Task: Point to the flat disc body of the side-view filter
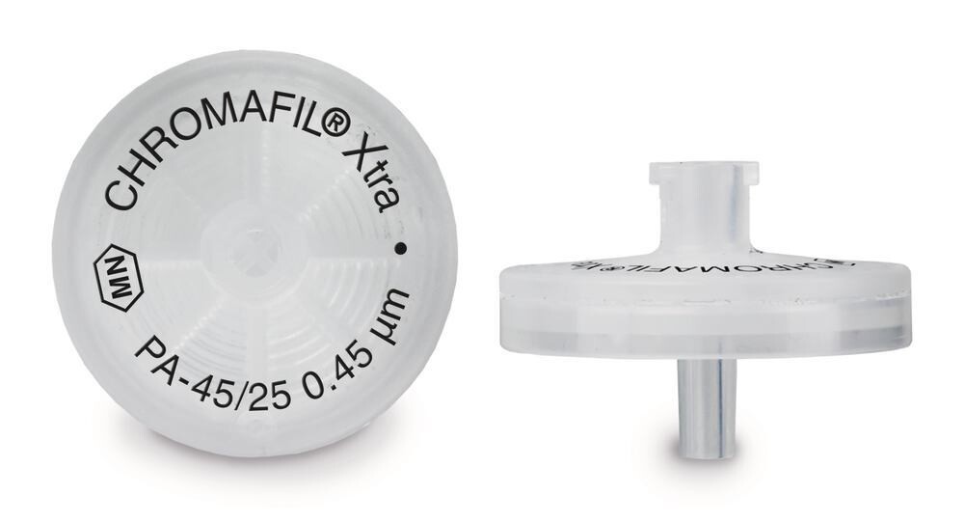click(704, 309)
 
